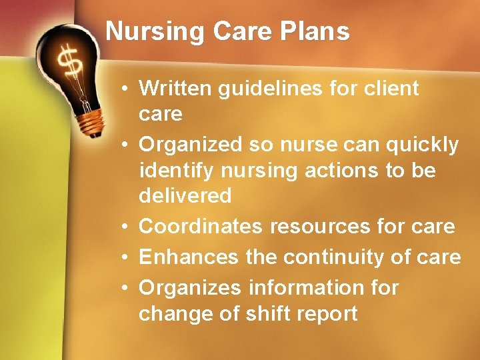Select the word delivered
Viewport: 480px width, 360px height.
tap(185, 196)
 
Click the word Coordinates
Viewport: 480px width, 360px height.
tap(201, 227)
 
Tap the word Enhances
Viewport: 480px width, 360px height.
tap(189, 257)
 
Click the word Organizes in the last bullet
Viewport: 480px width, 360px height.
tap(190, 287)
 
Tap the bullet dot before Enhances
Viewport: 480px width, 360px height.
tap(125, 257)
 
